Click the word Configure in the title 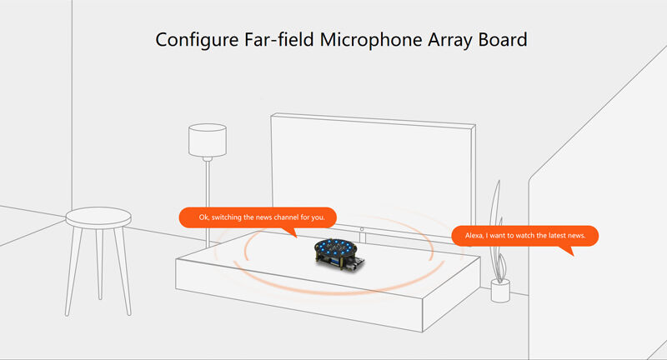(x=193, y=39)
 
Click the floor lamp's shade (x=207, y=141)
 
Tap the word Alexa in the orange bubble (x=473, y=236)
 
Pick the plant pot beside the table (x=500, y=291)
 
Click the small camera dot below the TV (x=361, y=228)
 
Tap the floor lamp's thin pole (x=207, y=200)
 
